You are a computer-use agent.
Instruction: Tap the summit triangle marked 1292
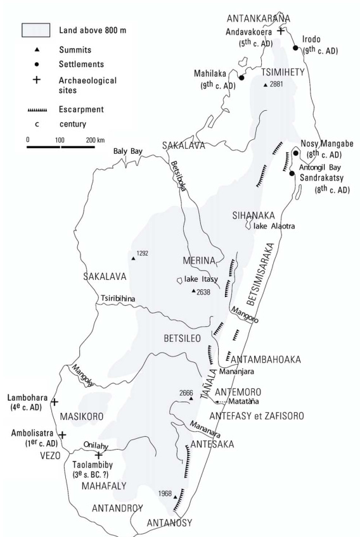click(133, 258)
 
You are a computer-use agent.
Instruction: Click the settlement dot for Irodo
click(295, 47)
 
